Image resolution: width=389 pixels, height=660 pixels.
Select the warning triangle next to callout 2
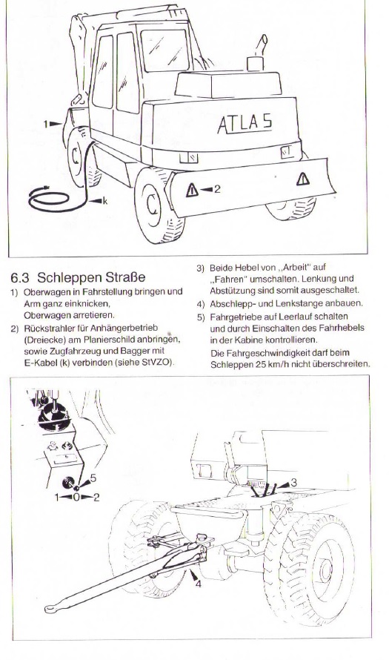(x=192, y=191)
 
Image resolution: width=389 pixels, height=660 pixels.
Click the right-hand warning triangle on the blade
(x=303, y=179)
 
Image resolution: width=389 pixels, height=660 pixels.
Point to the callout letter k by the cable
(x=105, y=201)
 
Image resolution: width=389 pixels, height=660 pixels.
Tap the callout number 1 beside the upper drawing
(x=45, y=124)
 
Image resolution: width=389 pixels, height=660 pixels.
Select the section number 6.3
(x=21, y=278)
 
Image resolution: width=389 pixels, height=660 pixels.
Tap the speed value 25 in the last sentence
(x=260, y=364)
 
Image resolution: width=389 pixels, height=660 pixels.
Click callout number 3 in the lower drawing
(x=293, y=482)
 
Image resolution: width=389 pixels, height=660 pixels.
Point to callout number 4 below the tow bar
(x=198, y=584)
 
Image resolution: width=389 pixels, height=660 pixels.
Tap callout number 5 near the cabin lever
(x=93, y=478)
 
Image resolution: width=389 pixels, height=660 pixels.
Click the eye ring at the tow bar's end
(x=52, y=608)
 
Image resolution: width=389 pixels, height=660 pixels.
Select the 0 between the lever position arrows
(x=76, y=497)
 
